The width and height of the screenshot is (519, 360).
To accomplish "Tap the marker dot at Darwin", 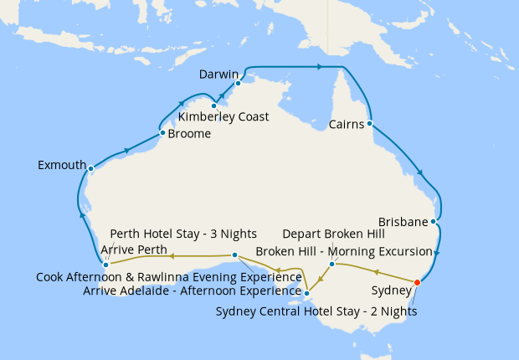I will coord(238,83).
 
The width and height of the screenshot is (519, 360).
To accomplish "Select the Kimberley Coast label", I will coord(224,117).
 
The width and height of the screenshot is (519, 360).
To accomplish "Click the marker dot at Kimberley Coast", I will coord(214,105).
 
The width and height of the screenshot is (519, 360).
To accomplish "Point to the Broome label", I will coord(189,133).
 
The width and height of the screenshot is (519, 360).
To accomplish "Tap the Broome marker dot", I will coord(162,132).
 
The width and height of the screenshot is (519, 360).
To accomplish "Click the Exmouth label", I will coord(62,166).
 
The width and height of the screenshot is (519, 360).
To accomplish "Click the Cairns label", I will coord(347,126).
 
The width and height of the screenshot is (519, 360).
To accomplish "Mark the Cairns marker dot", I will coord(369,124).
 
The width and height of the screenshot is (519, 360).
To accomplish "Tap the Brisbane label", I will coord(403,223).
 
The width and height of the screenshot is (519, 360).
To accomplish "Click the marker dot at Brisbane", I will coord(433,222).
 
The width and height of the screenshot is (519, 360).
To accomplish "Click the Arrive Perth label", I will coord(134,249).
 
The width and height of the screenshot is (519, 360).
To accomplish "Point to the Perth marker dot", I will coord(105,265).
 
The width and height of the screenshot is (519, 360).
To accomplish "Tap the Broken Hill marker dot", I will coord(331,265).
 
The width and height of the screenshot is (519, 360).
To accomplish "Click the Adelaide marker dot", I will coord(307,293).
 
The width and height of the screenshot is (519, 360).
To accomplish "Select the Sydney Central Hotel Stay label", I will coord(316,311).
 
